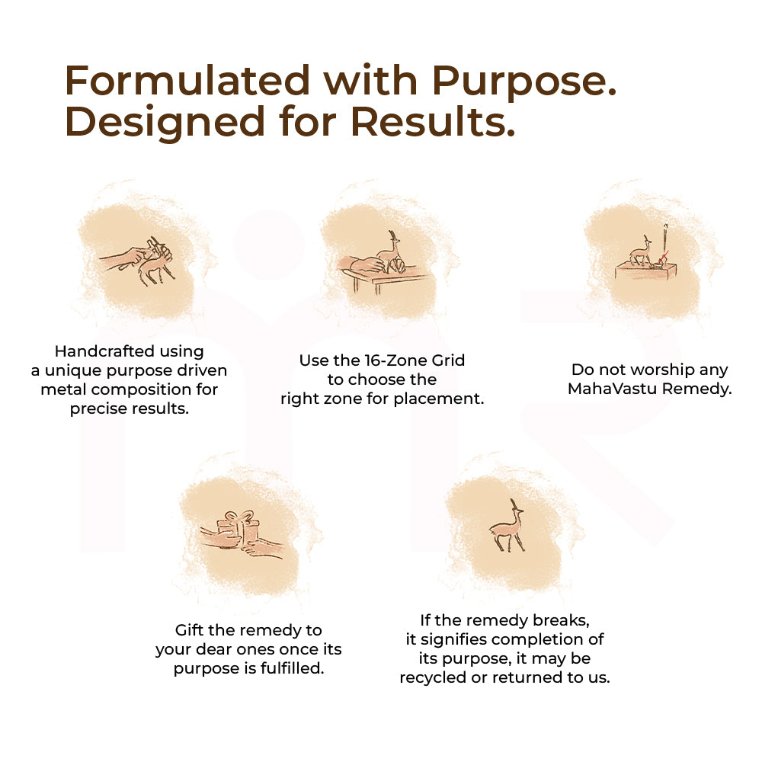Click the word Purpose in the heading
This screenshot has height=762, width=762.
pyautogui.click(x=524, y=82)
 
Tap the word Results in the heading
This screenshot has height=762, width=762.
pyautogui.click(x=433, y=121)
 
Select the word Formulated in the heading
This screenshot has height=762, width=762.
pyautogui.click(x=187, y=80)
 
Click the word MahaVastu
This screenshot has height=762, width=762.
pyautogui.click(x=613, y=389)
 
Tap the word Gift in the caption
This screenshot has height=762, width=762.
pyautogui.click(x=189, y=630)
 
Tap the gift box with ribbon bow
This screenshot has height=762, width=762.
pyautogui.click(x=238, y=527)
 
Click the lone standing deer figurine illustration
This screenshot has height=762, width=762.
pyautogui.click(x=507, y=527)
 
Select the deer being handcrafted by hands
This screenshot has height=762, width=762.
pyautogui.click(x=155, y=266)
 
